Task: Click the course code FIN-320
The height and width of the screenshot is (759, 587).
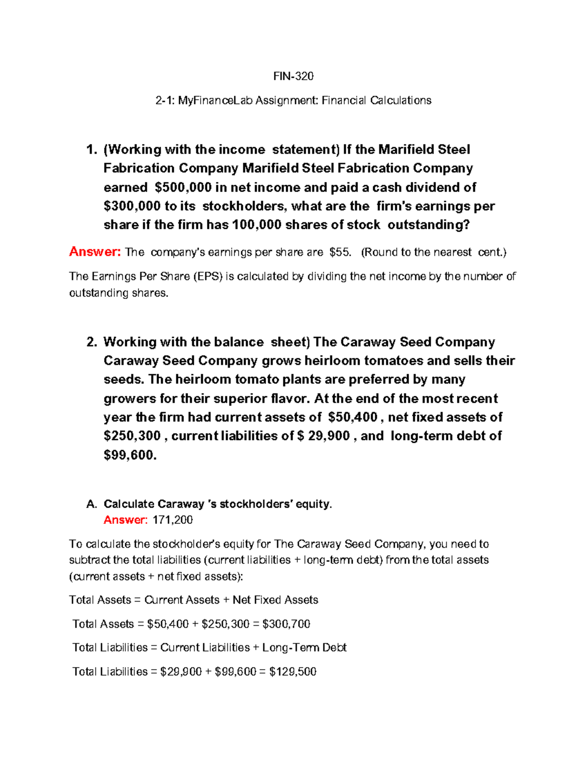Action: coord(293,76)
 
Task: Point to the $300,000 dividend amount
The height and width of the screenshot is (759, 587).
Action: coord(132,206)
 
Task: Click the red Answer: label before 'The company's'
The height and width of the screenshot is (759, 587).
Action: coord(95,252)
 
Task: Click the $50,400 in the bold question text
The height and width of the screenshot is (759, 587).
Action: coord(353,417)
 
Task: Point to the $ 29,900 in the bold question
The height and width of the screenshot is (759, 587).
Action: coord(323,436)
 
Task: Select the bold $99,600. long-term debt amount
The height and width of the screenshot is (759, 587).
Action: coord(130,455)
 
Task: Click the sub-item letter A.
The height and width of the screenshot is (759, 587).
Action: coord(91,504)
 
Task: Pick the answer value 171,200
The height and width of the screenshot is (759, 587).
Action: coord(173,520)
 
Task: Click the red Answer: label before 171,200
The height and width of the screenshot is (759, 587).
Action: coord(125,520)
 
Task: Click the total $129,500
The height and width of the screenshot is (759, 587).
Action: coord(293,672)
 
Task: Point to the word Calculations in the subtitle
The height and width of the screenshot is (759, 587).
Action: coord(401,101)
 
